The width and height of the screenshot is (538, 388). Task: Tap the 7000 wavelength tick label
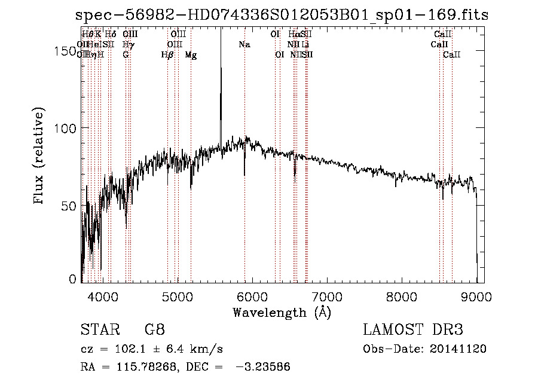(327, 295)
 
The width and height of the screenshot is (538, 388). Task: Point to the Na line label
(244, 45)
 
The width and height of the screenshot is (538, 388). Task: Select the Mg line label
(191, 55)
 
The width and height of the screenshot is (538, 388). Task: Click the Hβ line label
(167, 55)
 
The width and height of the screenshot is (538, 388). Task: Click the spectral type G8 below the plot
(154, 331)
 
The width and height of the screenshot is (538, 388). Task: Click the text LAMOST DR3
(413, 331)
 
